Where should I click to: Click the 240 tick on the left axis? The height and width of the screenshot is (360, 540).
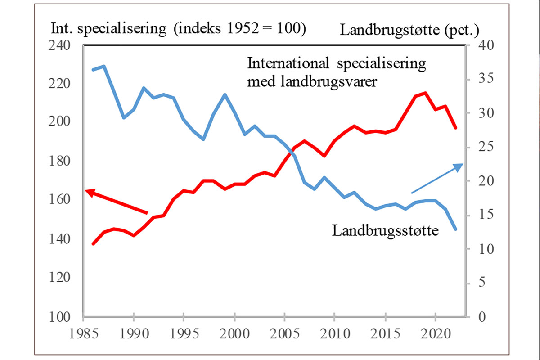click(60, 46)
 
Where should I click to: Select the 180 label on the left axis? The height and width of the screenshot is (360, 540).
click(60, 161)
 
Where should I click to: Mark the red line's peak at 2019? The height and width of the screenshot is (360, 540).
click(425, 93)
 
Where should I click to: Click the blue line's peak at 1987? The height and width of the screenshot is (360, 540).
click(103, 66)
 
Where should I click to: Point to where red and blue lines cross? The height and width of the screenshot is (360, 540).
click(292, 152)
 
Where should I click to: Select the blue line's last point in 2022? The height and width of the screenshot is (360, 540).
click(455, 229)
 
